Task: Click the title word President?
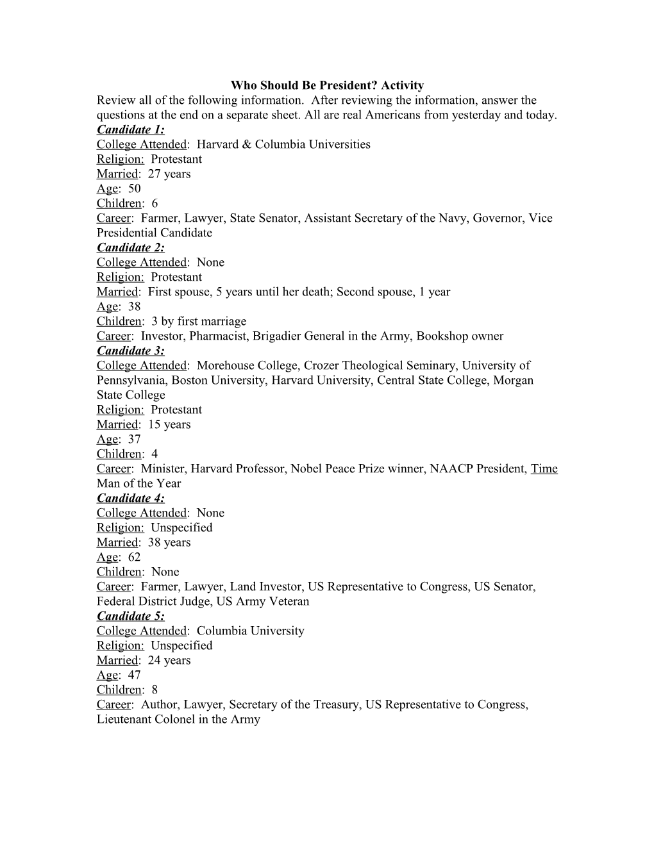(x=342, y=85)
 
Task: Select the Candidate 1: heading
(x=130, y=129)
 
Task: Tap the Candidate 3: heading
(x=130, y=351)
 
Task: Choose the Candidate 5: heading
(x=130, y=616)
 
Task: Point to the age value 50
(x=134, y=188)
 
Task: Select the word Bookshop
(x=443, y=336)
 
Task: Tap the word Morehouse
(x=226, y=365)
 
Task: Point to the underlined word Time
(x=544, y=469)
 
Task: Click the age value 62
(x=134, y=557)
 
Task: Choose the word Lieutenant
(x=124, y=719)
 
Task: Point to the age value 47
(x=134, y=675)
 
